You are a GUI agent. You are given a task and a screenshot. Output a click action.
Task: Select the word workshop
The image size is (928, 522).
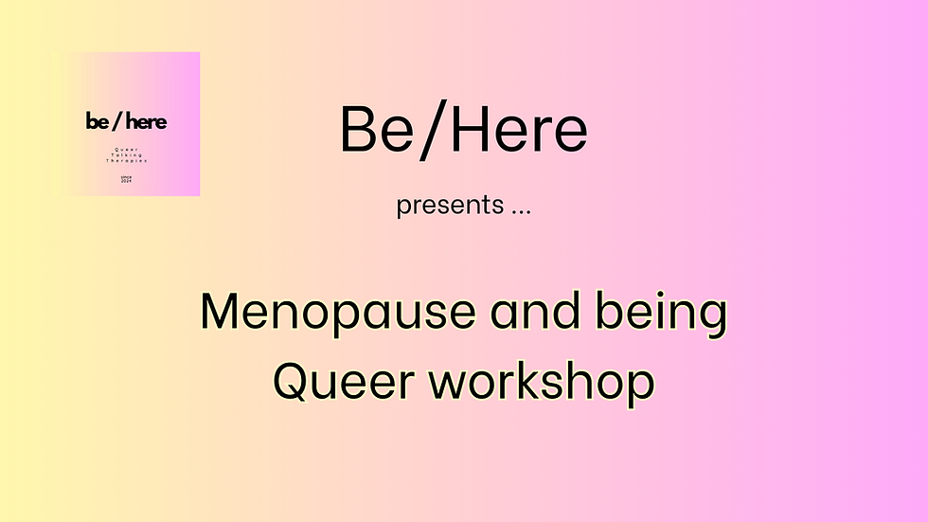pyautogui.click(x=541, y=381)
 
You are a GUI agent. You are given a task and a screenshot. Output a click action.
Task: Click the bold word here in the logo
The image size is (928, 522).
pyautogui.click(x=146, y=121)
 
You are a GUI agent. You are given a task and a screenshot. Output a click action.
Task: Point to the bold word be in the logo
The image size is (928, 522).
pyautogui.click(x=97, y=121)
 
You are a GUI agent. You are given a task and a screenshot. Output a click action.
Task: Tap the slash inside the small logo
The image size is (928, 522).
pyautogui.click(x=116, y=121)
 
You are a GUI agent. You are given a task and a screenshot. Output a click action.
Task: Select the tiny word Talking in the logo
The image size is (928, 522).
pyautogui.click(x=127, y=155)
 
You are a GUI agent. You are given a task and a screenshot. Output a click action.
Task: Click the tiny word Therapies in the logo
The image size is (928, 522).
pyautogui.click(x=127, y=161)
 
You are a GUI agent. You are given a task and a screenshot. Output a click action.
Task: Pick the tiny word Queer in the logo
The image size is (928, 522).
pyautogui.click(x=127, y=149)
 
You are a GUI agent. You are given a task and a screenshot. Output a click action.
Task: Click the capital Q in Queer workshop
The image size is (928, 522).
pyautogui.click(x=291, y=381)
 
